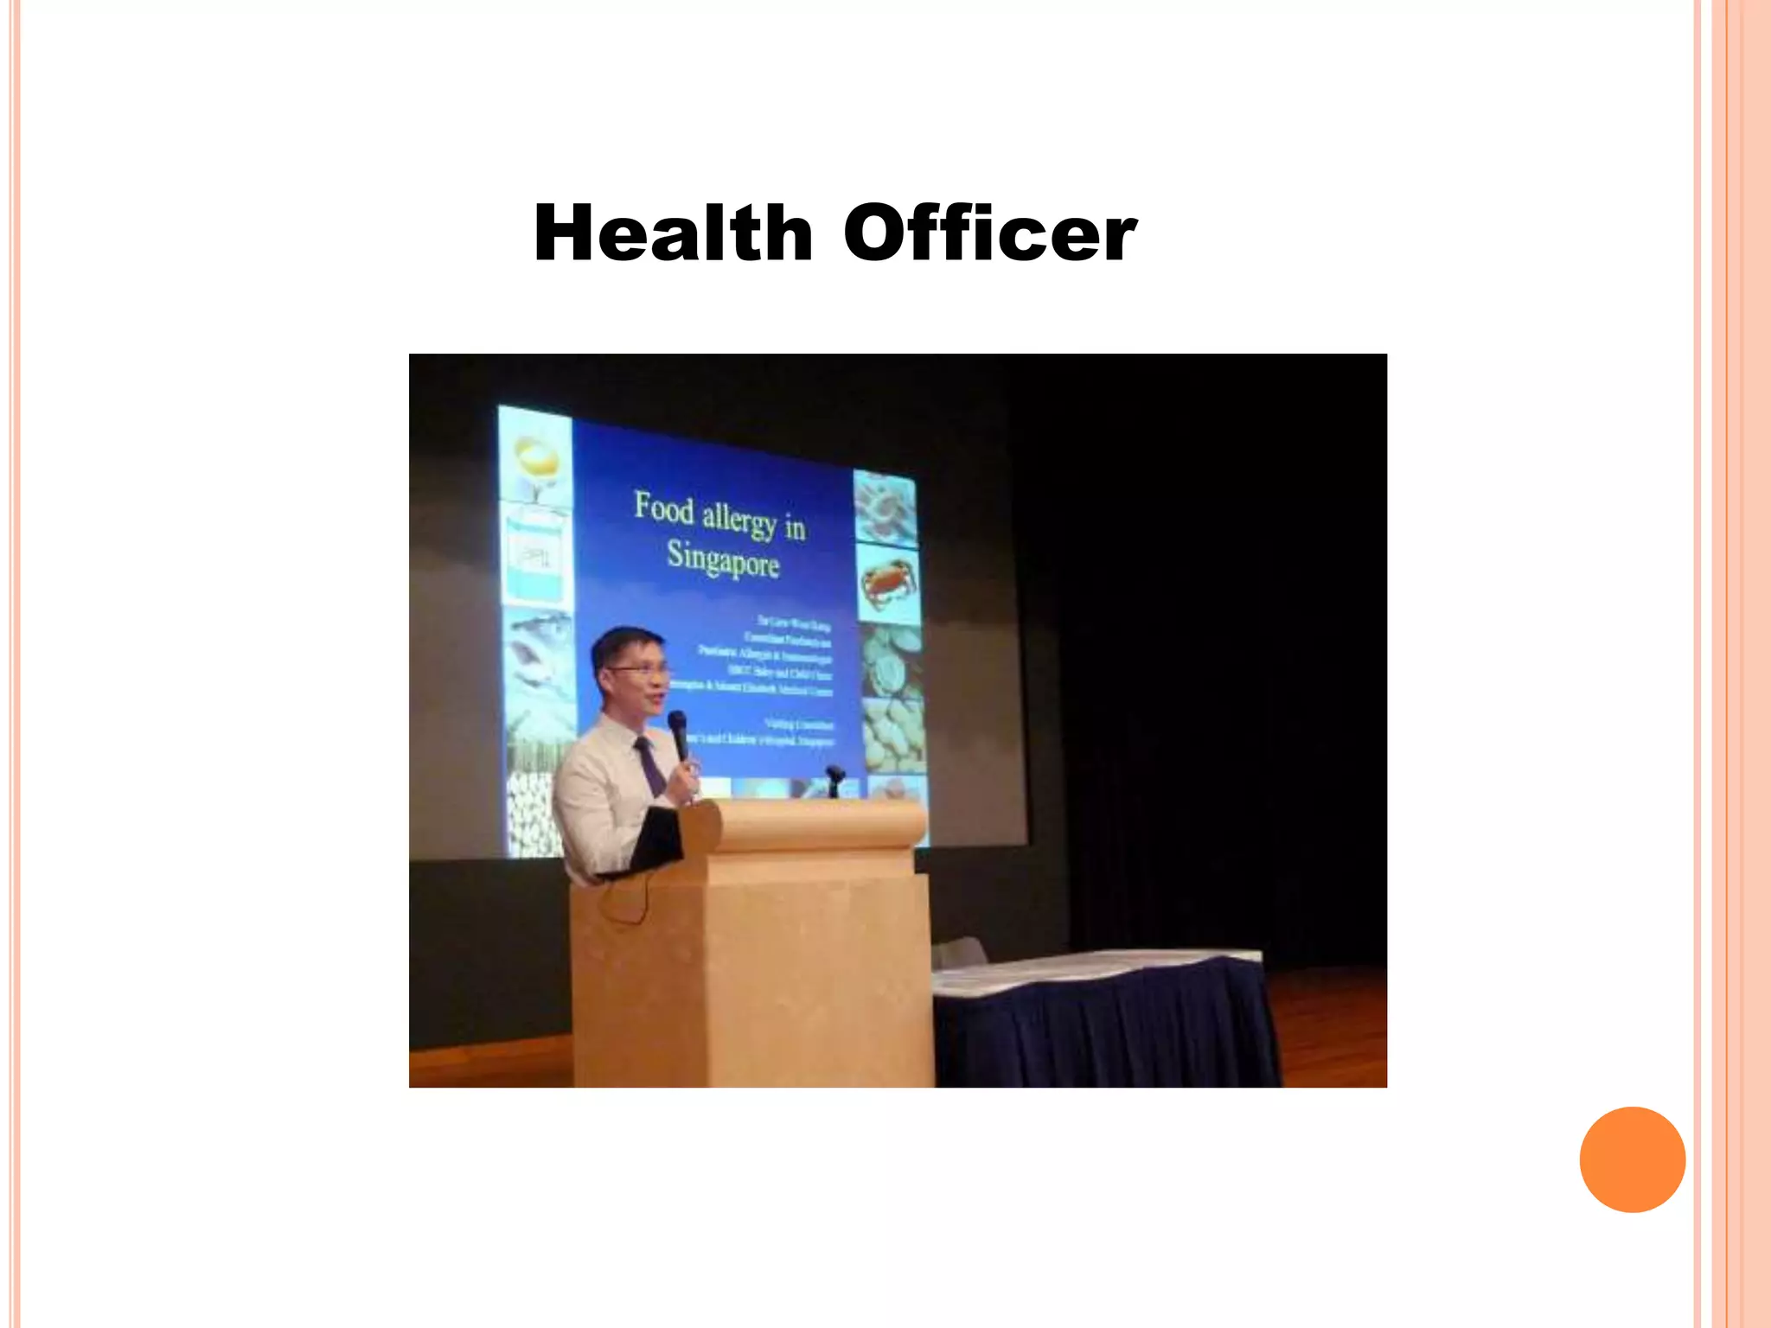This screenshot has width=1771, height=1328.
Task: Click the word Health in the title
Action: point(673,233)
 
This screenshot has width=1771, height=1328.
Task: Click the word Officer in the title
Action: point(989,233)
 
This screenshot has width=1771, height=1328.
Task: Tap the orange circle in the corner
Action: point(1632,1159)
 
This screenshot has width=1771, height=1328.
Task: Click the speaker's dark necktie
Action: point(650,765)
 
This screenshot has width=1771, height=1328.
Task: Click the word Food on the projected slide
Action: point(664,508)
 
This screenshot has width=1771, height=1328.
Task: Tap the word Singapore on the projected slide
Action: point(723,559)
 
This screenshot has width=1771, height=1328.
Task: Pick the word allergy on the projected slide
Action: point(738,520)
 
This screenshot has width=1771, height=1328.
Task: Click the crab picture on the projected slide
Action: point(885,583)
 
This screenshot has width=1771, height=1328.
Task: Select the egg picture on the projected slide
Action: point(537,458)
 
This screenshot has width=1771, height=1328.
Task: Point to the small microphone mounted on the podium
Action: point(834,778)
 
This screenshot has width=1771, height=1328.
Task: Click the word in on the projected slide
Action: point(795,527)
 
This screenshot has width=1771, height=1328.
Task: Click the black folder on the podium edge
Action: point(655,839)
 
